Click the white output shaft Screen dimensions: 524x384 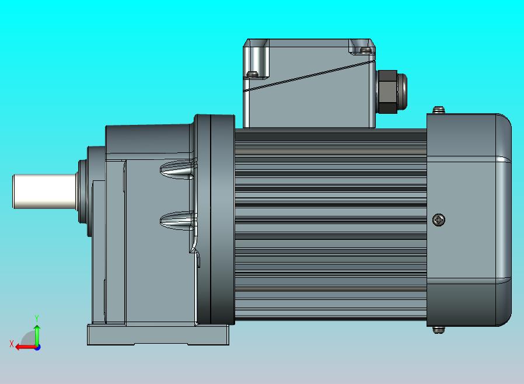click(45, 191)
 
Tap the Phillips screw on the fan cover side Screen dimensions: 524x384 click(438, 219)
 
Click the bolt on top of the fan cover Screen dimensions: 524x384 click(438, 110)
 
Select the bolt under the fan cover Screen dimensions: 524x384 click(438, 330)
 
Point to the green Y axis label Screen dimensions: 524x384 click(37, 318)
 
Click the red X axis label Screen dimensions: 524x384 click(12, 344)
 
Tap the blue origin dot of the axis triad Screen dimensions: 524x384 click(38, 348)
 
